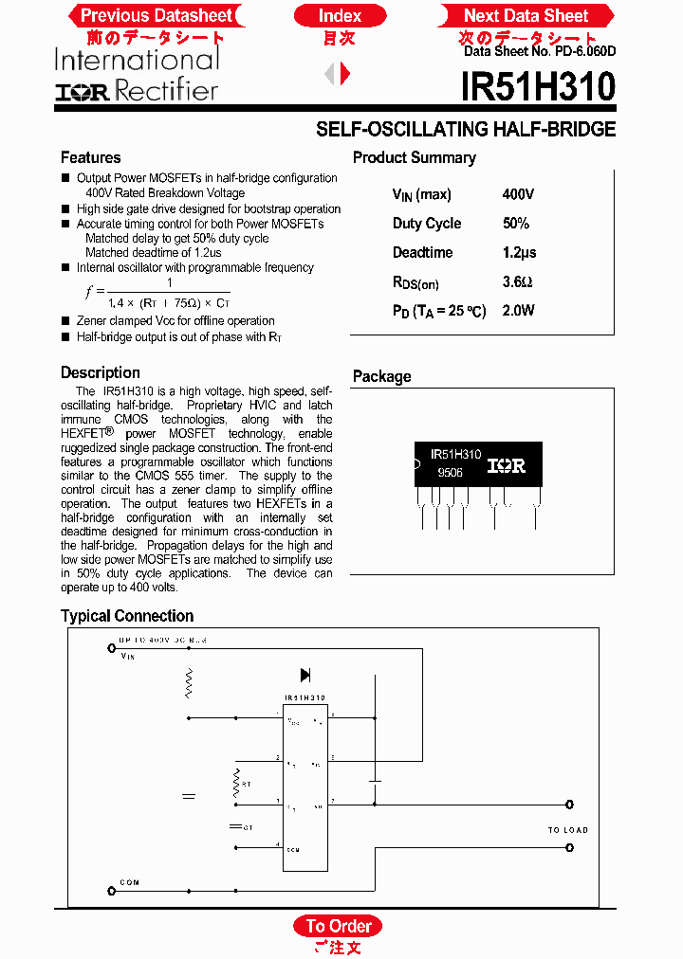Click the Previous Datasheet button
click(x=156, y=15)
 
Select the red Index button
click(x=340, y=15)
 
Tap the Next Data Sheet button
click(x=526, y=15)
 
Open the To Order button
click(x=338, y=926)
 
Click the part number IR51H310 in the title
click(x=538, y=88)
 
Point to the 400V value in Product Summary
click(x=518, y=194)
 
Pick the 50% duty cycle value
click(x=516, y=224)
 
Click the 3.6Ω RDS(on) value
click(x=517, y=281)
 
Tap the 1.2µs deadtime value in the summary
click(x=519, y=252)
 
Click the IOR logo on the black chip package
click(x=506, y=465)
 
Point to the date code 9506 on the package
click(x=450, y=472)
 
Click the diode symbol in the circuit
click(x=305, y=675)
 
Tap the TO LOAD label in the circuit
click(x=567, y=830)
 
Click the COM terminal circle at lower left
click(x=112, y=891)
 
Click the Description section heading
click(x=101, y=372)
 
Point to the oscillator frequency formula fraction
click(x=169, y=293)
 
